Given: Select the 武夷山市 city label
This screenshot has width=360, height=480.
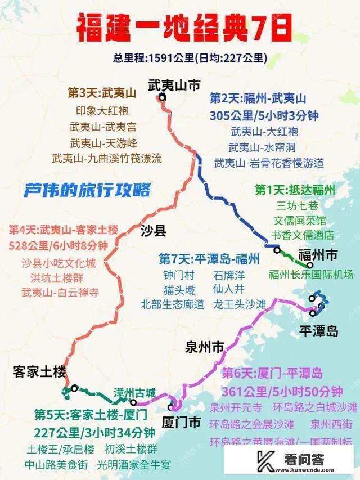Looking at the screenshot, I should coord(174,86).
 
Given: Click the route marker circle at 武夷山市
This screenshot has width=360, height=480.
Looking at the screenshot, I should coord(163,97).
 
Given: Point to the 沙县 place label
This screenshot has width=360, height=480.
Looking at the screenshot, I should coord(152,230).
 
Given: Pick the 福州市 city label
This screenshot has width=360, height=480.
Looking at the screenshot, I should coord(317,254).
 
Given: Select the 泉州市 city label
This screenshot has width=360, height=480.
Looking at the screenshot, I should coord(205,347).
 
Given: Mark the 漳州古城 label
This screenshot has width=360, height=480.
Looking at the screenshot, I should coord(134,393).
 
